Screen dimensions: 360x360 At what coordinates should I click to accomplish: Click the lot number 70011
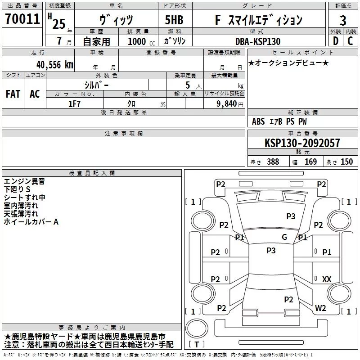22,19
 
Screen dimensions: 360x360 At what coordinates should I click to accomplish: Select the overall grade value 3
343,20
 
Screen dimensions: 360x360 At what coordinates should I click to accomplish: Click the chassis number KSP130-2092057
302,143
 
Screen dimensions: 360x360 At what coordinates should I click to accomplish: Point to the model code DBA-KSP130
258,41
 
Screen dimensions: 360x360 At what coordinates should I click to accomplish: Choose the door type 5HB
175,20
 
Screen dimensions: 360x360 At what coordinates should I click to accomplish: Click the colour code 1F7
74,103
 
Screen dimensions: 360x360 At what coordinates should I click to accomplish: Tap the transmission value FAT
13,94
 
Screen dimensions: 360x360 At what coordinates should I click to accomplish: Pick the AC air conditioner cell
35,94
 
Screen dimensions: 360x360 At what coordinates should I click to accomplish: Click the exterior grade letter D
335,41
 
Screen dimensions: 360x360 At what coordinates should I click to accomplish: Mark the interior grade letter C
351,41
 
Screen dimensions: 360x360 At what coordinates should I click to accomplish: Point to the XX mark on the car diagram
327,279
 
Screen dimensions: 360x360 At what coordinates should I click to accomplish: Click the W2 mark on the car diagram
320,308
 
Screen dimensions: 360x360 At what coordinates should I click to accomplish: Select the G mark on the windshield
284,237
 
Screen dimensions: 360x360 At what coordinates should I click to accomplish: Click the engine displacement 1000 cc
140,41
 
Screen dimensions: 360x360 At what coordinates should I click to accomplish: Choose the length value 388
273,162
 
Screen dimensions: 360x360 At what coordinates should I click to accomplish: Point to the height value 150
346,162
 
